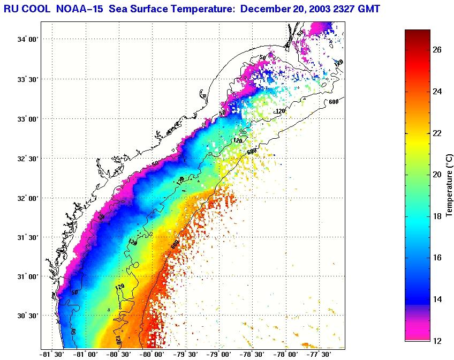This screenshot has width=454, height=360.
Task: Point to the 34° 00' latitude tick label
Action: [x=28, y=40]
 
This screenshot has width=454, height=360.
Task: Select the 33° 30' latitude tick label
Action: [x=28, y=79]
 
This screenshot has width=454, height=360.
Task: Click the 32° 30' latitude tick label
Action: [x=28, y=159]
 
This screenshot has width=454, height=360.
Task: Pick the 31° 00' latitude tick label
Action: [x=28, y=277]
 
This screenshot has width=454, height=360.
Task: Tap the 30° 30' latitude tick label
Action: [x=28, y=316]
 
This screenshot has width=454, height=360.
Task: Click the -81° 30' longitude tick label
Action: [x=52, y=354]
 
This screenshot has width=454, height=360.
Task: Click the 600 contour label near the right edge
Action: [x=334, y=102]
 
